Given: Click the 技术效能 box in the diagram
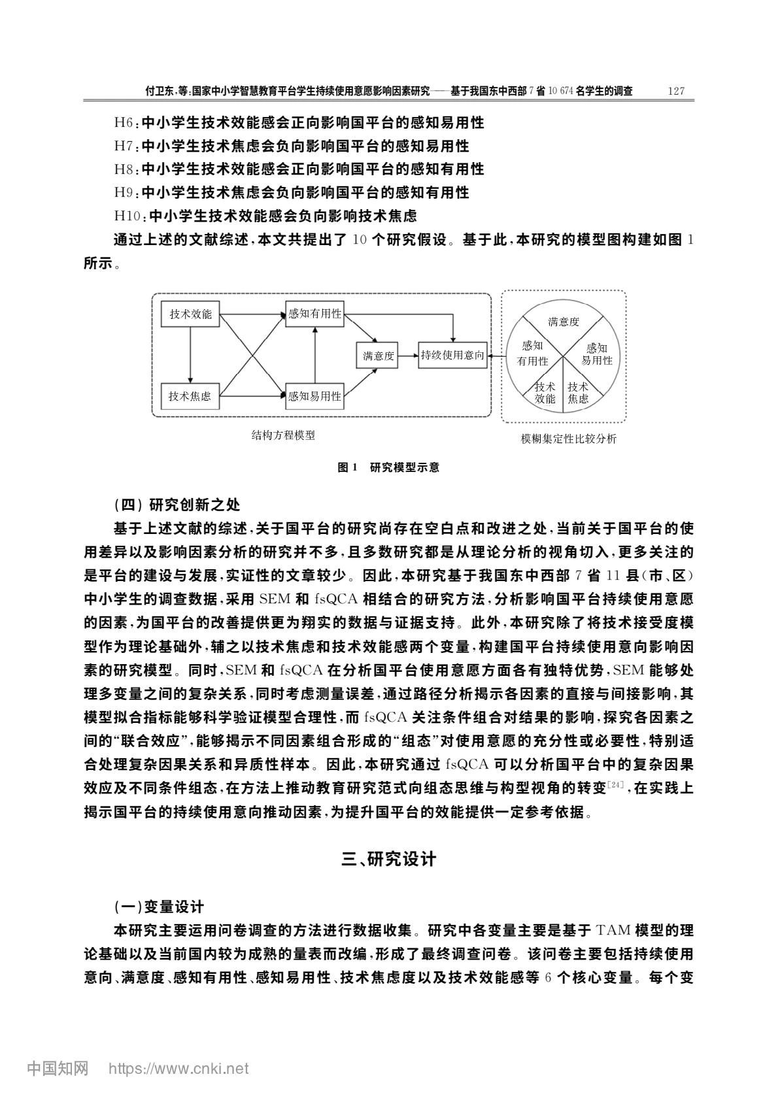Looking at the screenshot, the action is (190, 314).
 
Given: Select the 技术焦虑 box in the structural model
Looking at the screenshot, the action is (190, 396).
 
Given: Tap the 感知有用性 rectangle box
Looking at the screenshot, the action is (315, 314).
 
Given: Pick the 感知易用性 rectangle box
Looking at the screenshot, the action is (315, 396).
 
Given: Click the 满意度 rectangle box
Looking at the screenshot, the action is (377, 355).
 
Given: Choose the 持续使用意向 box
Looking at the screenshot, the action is (453, 355).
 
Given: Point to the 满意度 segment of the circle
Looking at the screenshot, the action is (564, 322).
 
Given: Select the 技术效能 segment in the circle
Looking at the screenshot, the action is (545, 393).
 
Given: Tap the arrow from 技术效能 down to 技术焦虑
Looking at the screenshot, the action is (190, 355).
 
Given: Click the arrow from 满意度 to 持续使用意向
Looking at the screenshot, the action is (408, 355).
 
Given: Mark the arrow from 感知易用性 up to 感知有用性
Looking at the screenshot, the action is (315, 355).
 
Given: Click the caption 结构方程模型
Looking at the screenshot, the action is (283, 435).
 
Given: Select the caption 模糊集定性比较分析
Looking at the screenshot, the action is (568, 439).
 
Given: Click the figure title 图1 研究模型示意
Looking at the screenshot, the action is (388, 467).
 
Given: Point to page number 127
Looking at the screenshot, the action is (676, 91).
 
